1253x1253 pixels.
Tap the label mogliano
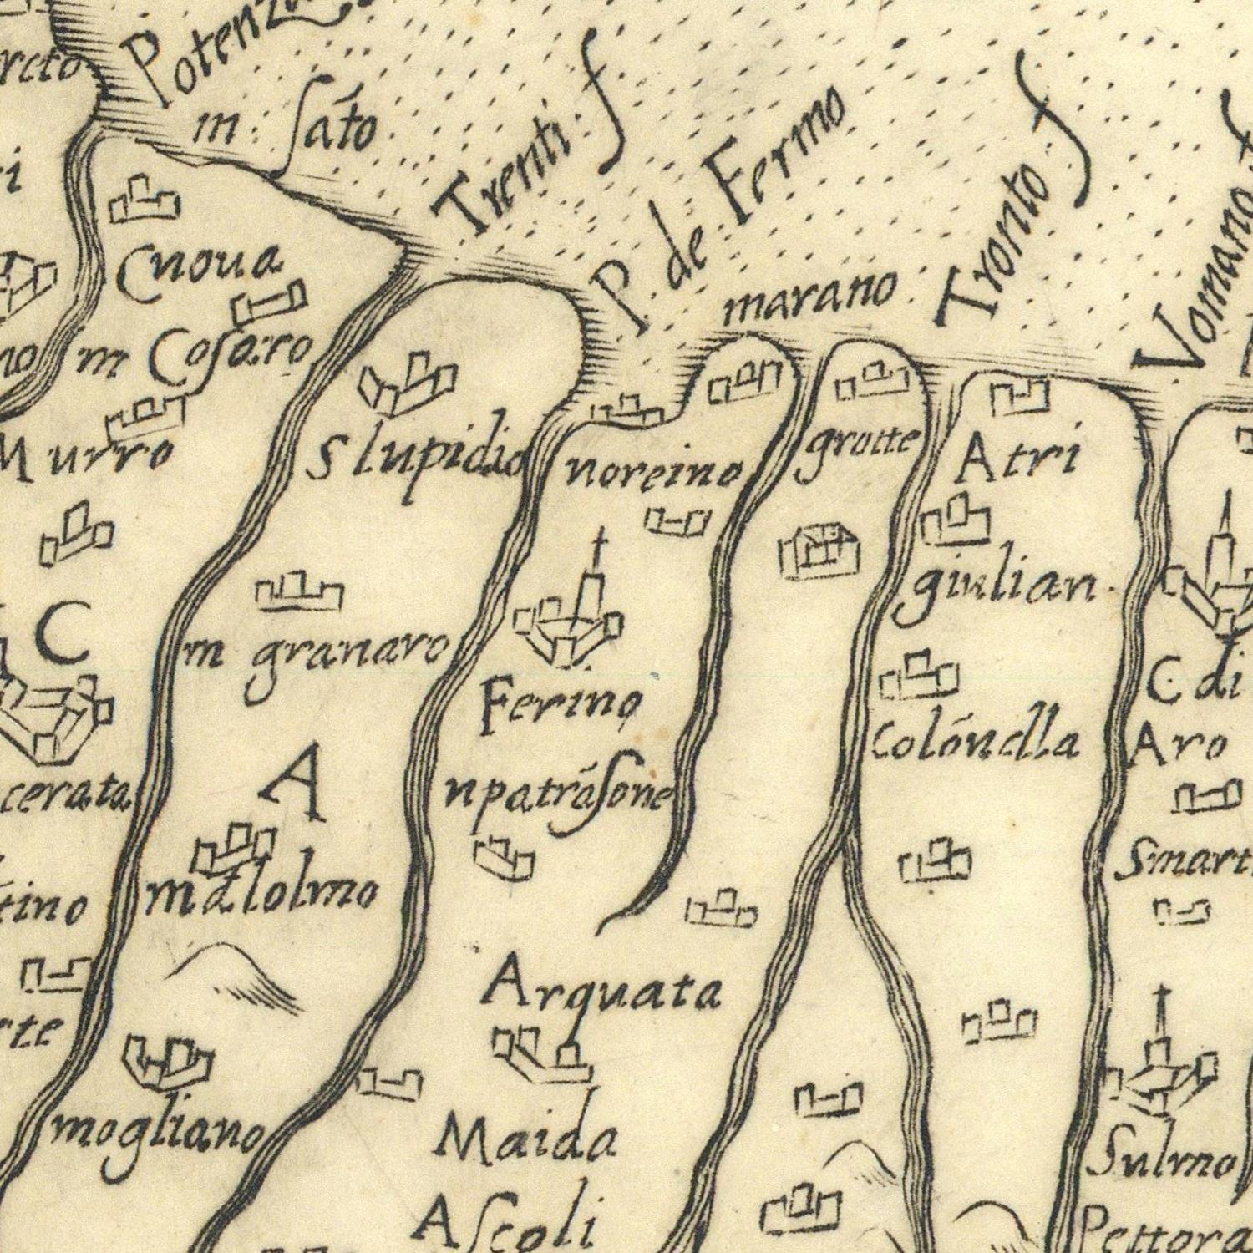pyautogui.click(x=159, y=1140)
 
